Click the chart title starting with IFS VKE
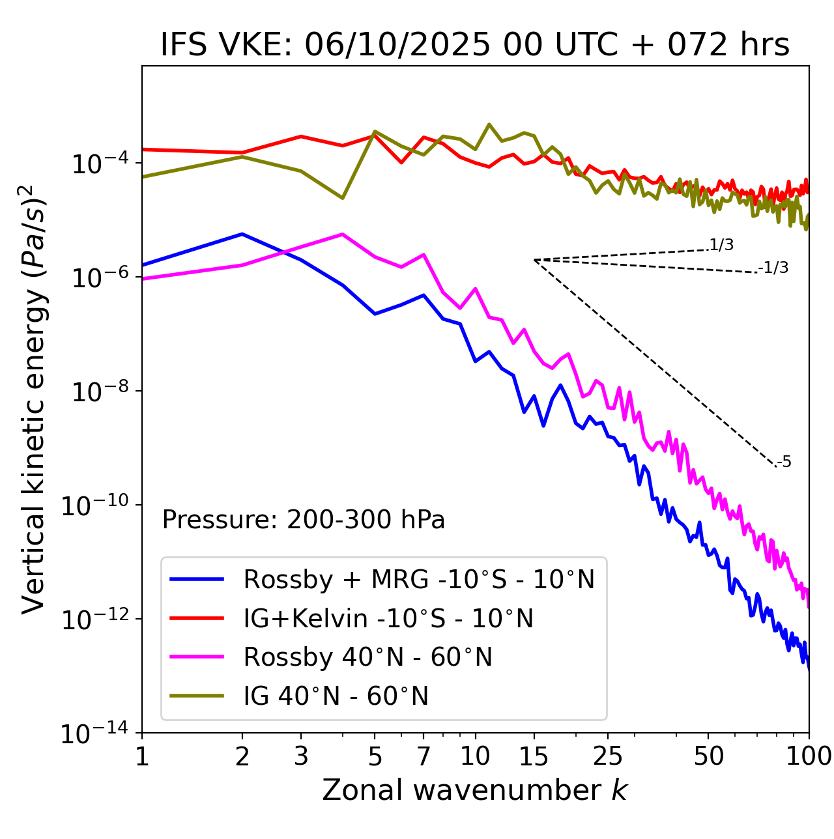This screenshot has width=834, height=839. coord(475,46)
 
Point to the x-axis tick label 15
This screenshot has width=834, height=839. coord(534,756)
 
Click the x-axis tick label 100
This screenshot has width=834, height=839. coord(809,756)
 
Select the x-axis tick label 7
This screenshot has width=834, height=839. coord(424,756)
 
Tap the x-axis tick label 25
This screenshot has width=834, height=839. coord(608,756)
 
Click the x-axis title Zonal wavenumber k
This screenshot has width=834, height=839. coord(475,790)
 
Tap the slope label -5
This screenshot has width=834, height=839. coord(784,462)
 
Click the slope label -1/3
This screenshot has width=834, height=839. coord(774,268)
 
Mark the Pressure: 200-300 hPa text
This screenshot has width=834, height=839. coord(304,520)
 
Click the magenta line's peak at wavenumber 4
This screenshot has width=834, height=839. coord(343,234)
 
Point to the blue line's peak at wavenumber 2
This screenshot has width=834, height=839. coord(242,234)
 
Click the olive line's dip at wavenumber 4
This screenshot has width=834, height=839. coord(343,198)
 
